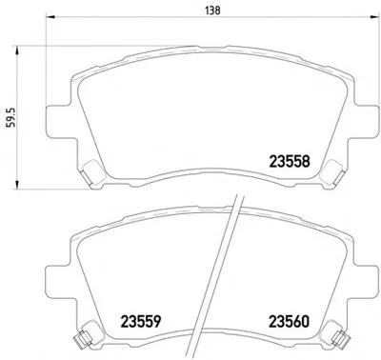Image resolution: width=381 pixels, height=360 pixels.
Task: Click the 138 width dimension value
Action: click(212, 10)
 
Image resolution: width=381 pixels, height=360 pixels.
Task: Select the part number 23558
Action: click(289, 162)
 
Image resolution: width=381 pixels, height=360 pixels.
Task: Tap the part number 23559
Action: click(141, 322)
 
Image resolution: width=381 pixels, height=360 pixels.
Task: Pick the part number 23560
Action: click(289, 322)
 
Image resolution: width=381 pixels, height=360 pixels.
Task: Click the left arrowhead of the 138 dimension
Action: click(50, 16)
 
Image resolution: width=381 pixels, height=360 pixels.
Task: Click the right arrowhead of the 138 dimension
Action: click(375, 16)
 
